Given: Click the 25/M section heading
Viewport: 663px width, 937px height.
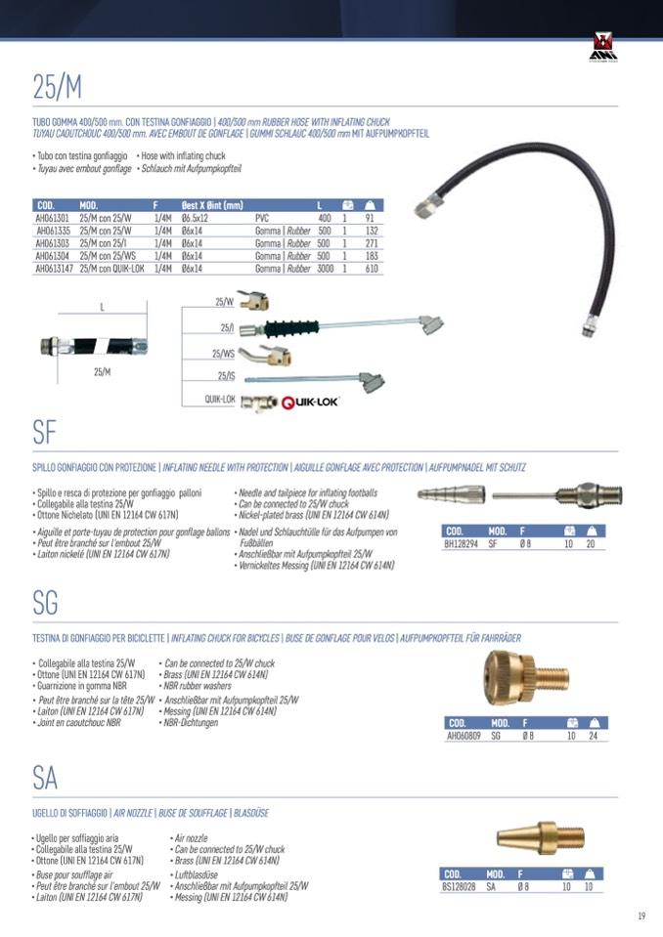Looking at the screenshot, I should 57,87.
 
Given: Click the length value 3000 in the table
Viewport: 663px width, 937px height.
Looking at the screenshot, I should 325,268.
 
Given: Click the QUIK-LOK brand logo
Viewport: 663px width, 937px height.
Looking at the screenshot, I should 310,402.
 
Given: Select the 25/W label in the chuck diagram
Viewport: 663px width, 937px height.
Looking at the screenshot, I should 224,302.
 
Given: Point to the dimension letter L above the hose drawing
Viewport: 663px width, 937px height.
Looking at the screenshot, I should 102,307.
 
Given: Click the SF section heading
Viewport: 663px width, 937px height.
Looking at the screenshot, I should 46,431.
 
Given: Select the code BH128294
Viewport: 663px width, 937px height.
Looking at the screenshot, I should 460,543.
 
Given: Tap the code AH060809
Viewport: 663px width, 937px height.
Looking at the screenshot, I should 463,735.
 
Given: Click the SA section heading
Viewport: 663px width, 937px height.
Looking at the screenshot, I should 45,778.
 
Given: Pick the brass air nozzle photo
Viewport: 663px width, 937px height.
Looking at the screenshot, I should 529,839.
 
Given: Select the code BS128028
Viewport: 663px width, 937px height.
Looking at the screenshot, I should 460,886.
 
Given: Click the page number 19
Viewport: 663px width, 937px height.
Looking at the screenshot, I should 641,916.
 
